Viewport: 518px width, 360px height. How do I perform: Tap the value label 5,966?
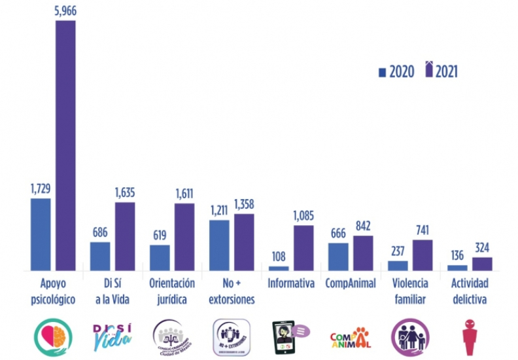click(x=65, y=10)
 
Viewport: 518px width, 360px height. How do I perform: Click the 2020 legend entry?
click(x=396, y=72)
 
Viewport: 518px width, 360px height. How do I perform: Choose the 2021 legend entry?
click(x=441, y=71)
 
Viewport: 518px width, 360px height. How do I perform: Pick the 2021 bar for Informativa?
click(x=303, y=247)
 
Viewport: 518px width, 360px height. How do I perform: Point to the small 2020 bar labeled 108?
click(x=279, y=268)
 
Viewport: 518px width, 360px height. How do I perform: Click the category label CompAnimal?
click(x=351, y=284)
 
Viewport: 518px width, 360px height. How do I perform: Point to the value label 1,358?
click(x=244, y=204)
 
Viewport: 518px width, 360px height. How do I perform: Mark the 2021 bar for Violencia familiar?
click(x=423, y=255)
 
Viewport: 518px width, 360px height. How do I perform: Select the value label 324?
click(x=483, y=248)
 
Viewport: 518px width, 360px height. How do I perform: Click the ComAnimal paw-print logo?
click(x=351, y=338)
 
